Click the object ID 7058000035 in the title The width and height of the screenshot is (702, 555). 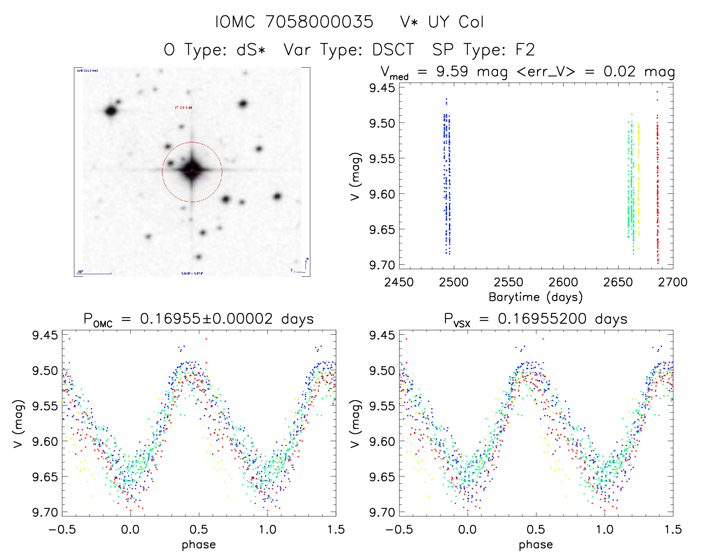(320, 22)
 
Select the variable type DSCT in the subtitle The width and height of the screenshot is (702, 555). (393, 50)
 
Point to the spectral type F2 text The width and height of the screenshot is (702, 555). (525, 50)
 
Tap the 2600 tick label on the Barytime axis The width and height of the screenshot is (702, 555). (563, 282)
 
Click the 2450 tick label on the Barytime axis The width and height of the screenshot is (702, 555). (399, 282)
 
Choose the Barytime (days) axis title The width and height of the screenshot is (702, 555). (536, 297)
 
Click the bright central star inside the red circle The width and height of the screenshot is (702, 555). (192, 171)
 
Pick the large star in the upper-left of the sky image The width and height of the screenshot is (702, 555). (111, 111)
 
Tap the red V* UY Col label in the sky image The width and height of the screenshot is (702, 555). (184, 108)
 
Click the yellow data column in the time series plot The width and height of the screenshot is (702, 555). (638, 178)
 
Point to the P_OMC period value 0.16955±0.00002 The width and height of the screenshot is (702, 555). (206, 319)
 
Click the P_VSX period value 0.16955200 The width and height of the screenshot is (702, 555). (542, 319)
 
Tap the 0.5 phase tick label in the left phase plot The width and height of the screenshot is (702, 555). (199, 529)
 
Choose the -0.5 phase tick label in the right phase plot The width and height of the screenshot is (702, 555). (399, 529)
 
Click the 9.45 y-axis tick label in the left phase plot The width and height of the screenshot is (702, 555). (45, 335)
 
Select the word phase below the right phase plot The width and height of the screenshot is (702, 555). (536, 545)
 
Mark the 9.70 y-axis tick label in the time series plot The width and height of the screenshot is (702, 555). (382, 265)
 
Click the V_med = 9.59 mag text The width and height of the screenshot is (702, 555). (444, 72)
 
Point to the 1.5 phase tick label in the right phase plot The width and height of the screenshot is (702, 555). (673, 529)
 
